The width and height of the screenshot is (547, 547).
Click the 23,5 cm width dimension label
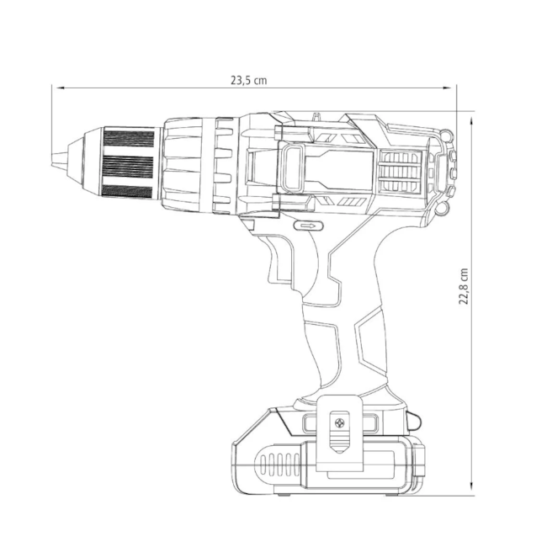(249, 81)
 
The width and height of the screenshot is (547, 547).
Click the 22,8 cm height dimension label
(464, 286)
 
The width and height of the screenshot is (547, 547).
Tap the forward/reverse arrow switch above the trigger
(308, 226)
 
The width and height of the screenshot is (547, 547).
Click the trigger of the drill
(279, 260)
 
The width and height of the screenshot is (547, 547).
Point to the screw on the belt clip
(339, 423)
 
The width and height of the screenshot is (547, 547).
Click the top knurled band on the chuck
(129, 139)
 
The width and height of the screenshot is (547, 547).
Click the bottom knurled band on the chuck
(127, 192)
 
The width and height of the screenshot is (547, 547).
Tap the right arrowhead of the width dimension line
(448, 88)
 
